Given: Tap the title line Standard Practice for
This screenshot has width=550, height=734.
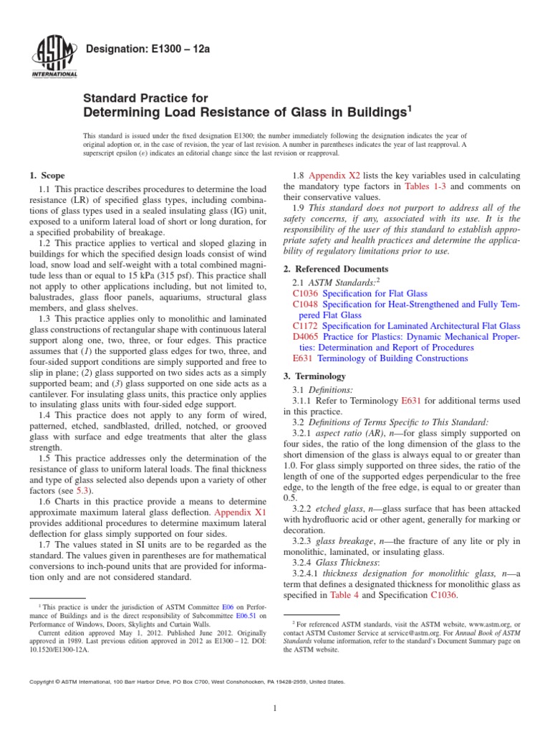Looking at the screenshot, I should coord(146,98).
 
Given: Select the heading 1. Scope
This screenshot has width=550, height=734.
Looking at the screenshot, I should coord(47,176).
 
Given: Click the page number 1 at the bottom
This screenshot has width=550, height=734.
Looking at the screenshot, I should coord(275,709).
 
